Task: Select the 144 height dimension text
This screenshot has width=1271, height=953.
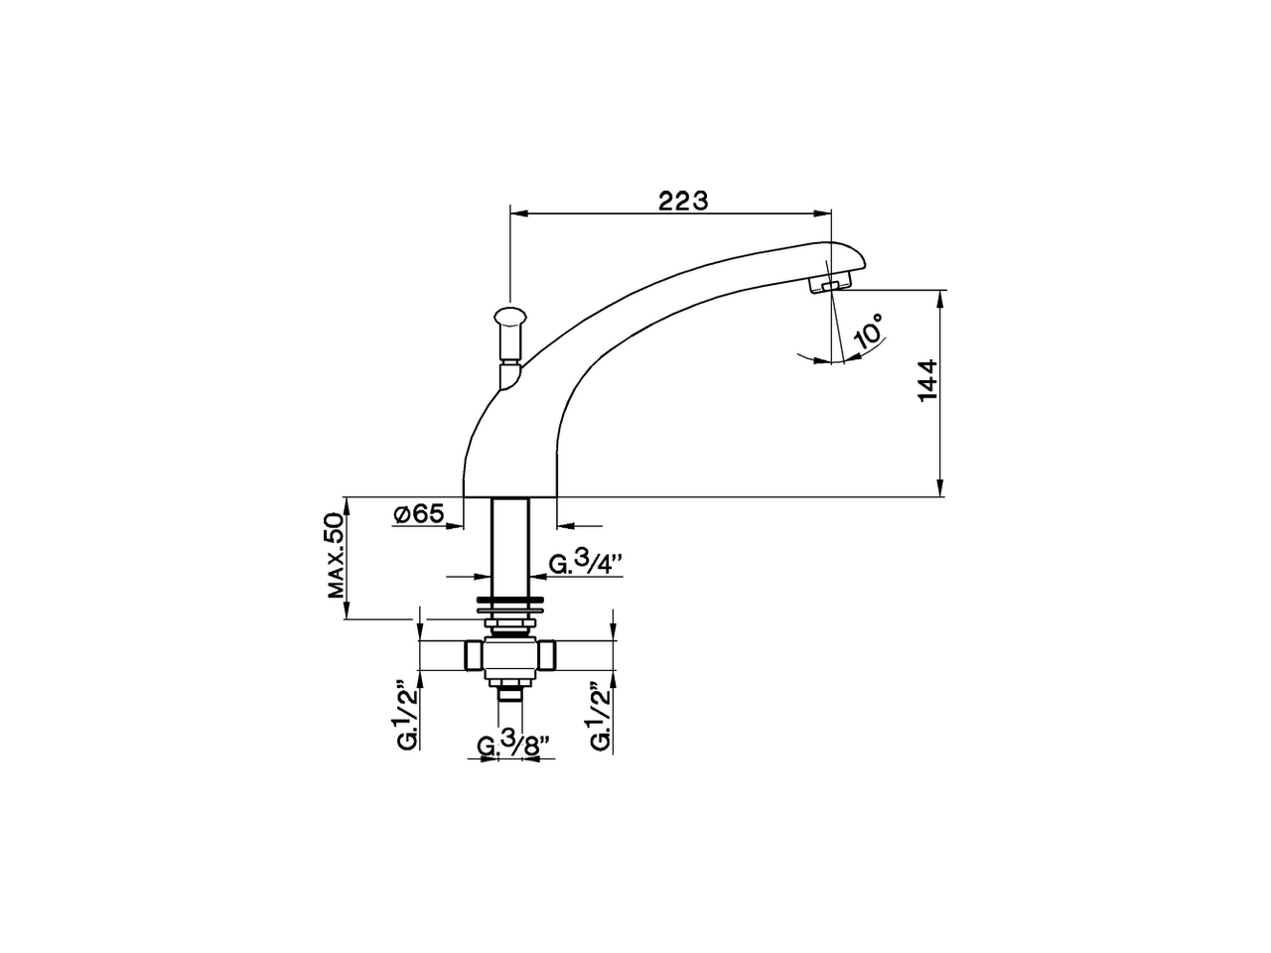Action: pos(926,381)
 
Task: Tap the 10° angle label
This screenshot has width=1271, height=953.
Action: pos(867,332)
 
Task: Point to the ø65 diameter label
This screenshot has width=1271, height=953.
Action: pos(417,513)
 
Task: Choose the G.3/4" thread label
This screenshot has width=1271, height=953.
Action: pos(586,564)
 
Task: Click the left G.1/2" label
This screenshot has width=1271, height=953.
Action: pos(402,715)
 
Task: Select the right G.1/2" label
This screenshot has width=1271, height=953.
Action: pos(598,715)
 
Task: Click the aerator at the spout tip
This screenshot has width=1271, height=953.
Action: pos(828,286)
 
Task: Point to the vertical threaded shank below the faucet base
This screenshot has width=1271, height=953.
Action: pos(511,546)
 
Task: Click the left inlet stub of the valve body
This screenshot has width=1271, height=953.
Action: pos(472,655)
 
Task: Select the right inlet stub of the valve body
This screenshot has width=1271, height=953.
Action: pos(549,655)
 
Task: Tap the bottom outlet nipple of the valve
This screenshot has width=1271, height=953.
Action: pos(510,692)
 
